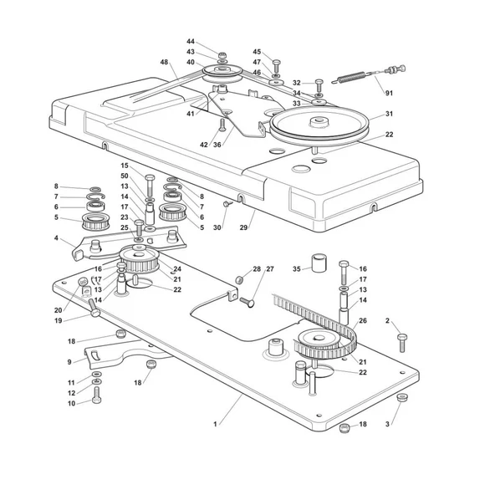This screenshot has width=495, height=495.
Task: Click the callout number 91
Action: pyautogui.click(x=389, y=93)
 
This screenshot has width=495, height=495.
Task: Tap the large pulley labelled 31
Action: pyautogui.click(x=319, y=125)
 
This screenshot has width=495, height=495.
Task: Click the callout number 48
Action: pyautogui.click(x=164, y=62)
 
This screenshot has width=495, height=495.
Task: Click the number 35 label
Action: pyautogui.click(x=297, y=269)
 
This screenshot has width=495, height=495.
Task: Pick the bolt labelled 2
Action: pyautogui.click(x=402, y=343)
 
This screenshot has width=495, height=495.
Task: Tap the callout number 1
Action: pyautogui.click(x=215, y=424)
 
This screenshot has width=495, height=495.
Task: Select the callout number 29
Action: pyautogui.click(x=243, y=227)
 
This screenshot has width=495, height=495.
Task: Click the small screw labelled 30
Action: pyautogui.click(x=227, y=204)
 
